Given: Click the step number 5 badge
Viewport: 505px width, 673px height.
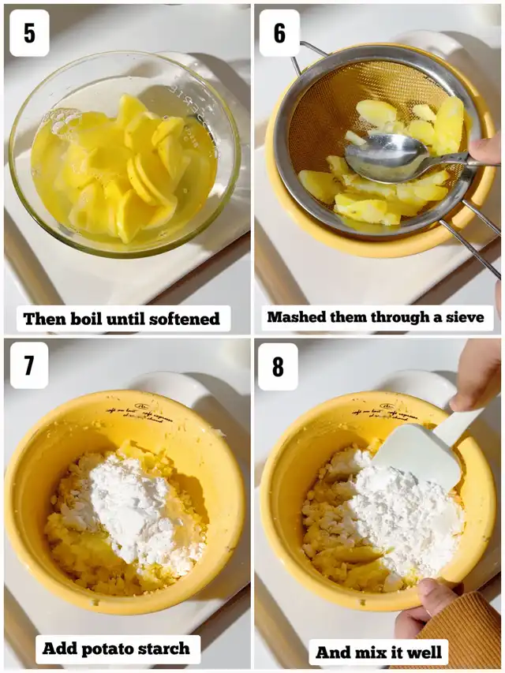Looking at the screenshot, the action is coord(29,33).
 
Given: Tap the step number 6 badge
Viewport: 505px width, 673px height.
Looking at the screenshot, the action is coord(279,33).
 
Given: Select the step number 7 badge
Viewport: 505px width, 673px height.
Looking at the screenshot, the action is coord(29,365).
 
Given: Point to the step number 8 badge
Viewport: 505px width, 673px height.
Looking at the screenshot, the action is coord(278,367).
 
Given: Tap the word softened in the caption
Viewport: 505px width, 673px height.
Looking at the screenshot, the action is coord(188,319).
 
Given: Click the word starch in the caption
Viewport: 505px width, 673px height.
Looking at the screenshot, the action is coord(162,649).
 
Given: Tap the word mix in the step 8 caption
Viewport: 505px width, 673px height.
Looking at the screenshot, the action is coord(372,652).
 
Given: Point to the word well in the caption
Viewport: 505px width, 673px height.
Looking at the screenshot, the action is coord(423,652).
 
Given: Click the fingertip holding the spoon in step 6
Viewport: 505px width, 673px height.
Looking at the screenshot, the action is coord(484,148).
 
